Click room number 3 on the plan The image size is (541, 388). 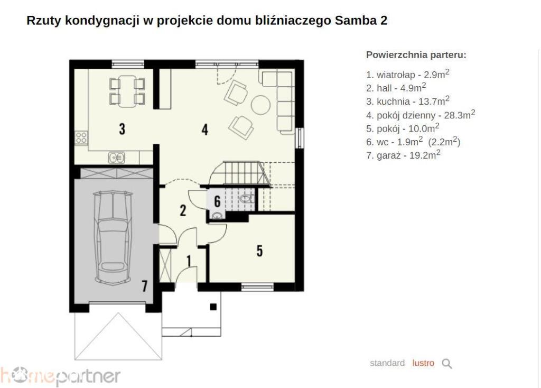click(x=122, y=129)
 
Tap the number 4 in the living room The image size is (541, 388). click(x=205, y=130)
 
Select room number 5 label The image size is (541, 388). click(x=259, y=251)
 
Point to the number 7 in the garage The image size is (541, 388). click(x=145, y=286)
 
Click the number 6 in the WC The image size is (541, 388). click(x=217, y=201)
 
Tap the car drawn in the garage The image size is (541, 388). click(x=113, y=238)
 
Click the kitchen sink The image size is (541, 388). click(x=117, y=158)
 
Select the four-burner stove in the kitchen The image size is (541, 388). click(x=81, y=138)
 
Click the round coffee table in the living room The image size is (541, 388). click(x=260, y=105)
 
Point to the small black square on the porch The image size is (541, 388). click(x=213, y=307)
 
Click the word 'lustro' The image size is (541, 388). click(x=423, y=363)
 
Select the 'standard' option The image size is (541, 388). click(x=387, y=363)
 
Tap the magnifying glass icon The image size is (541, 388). click(x=447, y=364)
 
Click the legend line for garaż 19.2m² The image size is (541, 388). click(x=403, y=155)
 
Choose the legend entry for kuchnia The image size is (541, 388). click(x=408, y=101)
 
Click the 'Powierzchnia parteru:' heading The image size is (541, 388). click(x=416, y=55)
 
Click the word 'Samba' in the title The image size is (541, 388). click(x=356, y=21)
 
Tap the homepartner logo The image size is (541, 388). click(x=60, y=376)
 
